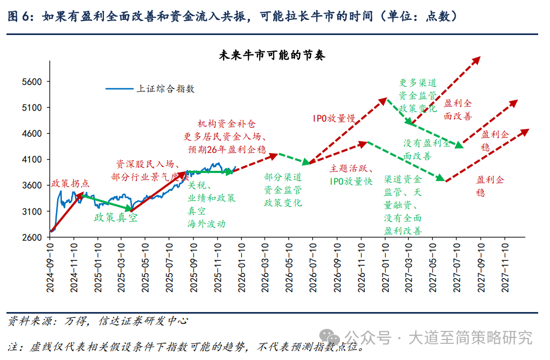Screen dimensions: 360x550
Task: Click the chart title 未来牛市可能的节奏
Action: [272, 56]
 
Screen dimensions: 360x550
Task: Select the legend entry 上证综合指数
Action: [165, 88]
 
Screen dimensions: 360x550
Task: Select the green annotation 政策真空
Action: [116, 218]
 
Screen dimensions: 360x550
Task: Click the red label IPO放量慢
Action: [334, 118]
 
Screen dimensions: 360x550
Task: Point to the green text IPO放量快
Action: [351, 182]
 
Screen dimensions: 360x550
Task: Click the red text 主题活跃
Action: [351, 169]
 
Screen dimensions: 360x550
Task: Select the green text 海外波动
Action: [206, 224]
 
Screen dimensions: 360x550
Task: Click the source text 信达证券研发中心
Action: [143, 321]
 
